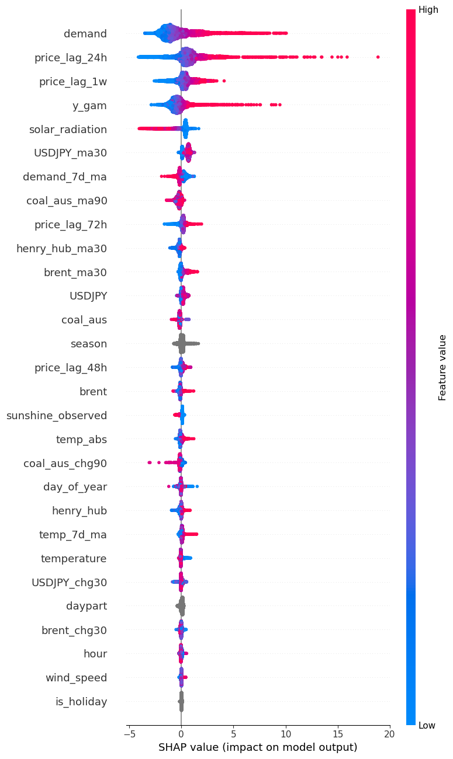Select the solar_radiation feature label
click(68, 129)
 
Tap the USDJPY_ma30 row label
click(70, 153)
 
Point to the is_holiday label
click(81, 702)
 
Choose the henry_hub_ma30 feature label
click(61, 249)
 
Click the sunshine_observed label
click(57, 416)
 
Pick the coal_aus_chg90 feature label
click(65, 464)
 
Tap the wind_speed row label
click(76, 678)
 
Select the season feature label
click(88, 344)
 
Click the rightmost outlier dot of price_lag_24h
click(378, 57)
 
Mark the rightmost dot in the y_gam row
click(280, 105)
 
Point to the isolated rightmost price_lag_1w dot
click(224, 81)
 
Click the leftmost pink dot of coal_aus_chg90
click(150, 462)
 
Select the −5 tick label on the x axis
click(129, 733)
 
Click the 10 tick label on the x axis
click(285, 733)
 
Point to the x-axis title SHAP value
click(257, 747)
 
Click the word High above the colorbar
click(428, 10)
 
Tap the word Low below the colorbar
click(427, 725)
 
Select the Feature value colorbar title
click(442, 367)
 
